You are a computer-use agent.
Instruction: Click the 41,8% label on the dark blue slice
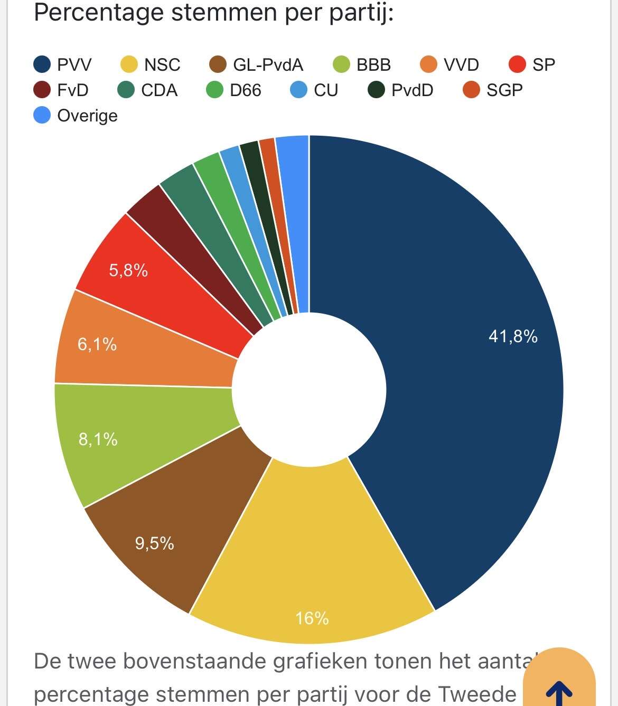click(x=513, y=336)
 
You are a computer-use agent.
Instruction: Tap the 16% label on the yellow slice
click(x=312, y=618)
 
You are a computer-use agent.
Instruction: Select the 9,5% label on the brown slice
click(x=154, y=543)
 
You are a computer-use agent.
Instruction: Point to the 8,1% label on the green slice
click(x=98, y=439)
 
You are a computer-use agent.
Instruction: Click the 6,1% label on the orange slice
click(x=97, y=344)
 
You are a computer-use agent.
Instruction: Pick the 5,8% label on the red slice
click(x=128, y=270)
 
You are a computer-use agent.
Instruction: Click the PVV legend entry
click(x=62, y=64)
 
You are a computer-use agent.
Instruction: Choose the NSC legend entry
click(x=151, y=64)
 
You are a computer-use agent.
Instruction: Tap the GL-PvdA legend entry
click(x=256, y=64)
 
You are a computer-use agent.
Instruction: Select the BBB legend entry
click(x=362, y=64)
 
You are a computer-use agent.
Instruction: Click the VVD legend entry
click(x=450, y=64)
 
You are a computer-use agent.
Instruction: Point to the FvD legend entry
click(x=61, y=90)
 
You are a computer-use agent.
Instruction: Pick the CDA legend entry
click(x=147, y=90)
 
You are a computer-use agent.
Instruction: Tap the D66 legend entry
click(x=233, y=90)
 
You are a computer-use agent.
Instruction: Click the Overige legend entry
click(x=76, y=115)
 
